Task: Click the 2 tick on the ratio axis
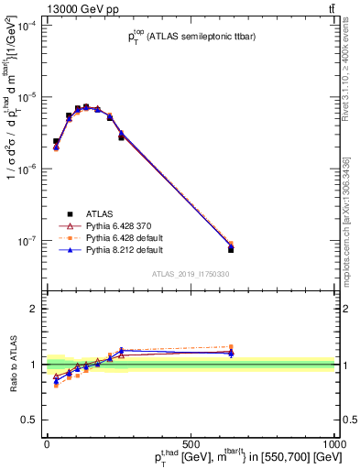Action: point(34,309)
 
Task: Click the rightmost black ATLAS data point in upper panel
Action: point(230,249)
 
